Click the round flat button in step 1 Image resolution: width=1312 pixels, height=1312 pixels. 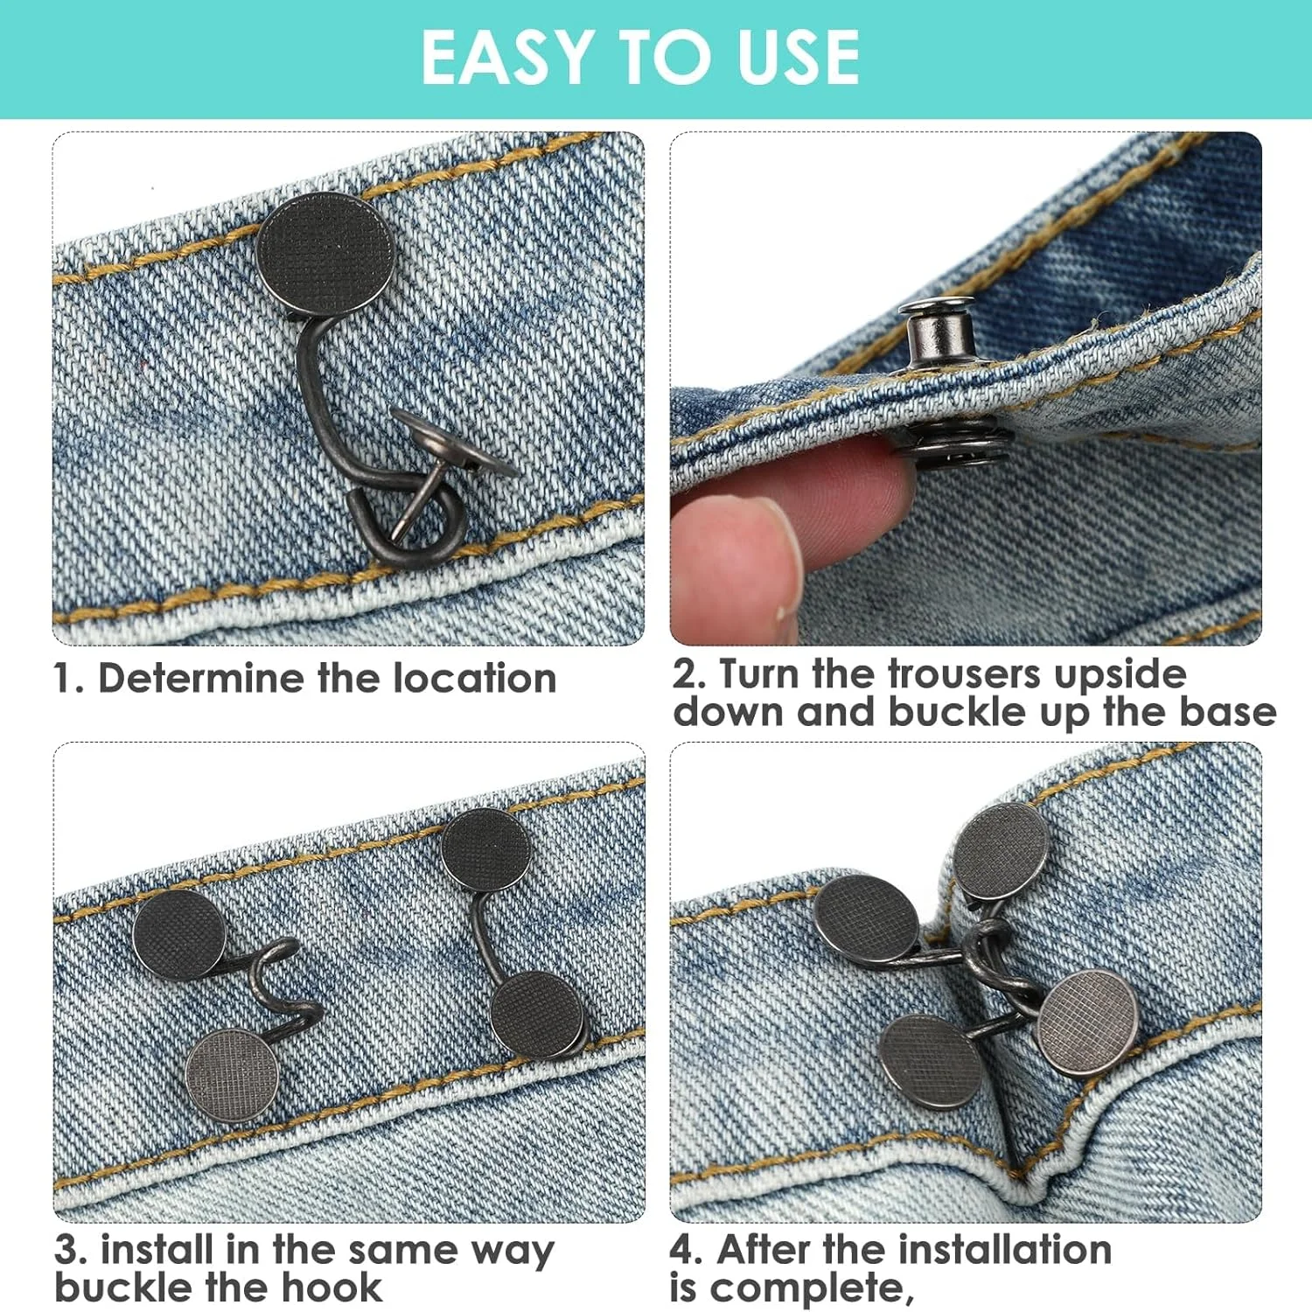[x=325, y=255]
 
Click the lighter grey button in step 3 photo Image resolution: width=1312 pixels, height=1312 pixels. [x=233, y=1075]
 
